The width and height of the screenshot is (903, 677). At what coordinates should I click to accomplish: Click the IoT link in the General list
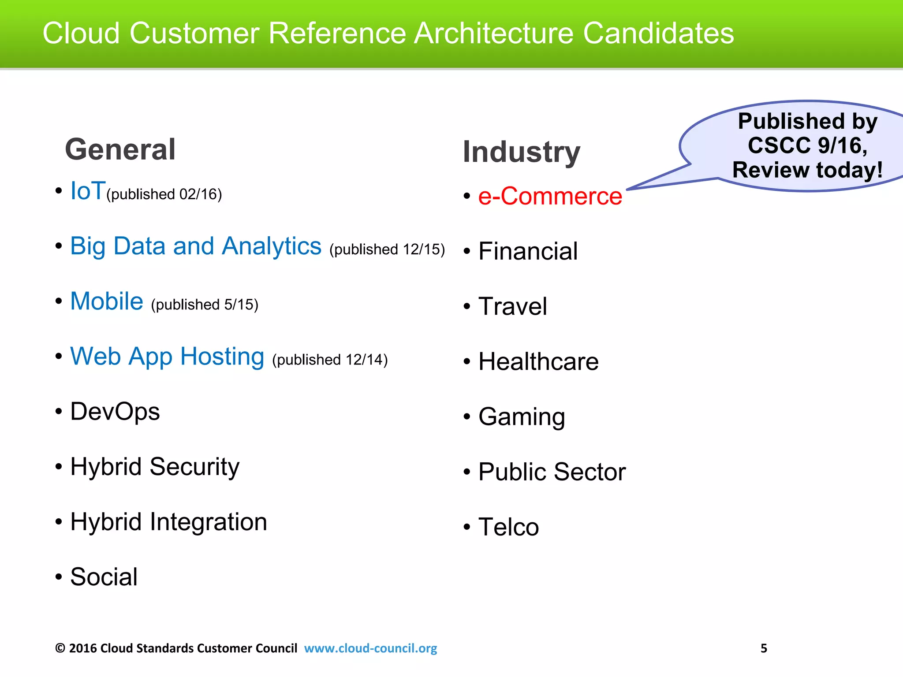[x=88, y=191]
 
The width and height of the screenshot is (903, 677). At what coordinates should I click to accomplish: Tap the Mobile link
[x=107, y=301]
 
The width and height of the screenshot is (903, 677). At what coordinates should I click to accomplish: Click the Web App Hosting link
[x=167, y=357]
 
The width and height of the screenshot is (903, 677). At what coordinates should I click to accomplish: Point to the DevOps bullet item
[x=115, y=412]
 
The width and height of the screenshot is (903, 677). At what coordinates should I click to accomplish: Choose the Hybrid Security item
[x=155, y=467]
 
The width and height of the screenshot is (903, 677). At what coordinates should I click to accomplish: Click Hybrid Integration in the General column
[x=168, y=522]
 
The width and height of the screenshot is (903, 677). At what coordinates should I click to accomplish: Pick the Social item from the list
[x=104, y=577]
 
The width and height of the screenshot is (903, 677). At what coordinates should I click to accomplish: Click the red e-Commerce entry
[x=550, y=196]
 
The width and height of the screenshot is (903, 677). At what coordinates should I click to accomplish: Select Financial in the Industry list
[x=528, y=251]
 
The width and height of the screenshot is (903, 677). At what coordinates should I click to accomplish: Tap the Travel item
[x=512, y=306]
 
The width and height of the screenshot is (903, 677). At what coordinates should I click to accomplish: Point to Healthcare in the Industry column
[x=538, y=362]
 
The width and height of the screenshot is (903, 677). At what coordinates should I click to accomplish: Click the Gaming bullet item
[x=522, y=417]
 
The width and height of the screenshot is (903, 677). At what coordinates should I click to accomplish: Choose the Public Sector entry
[x=552, y=472]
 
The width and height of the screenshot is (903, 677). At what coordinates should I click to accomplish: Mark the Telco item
[x=508, y=527]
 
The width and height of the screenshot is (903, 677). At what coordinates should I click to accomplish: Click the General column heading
[x=120, y=149]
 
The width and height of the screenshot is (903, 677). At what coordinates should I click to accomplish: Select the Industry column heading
[x=521, y=152]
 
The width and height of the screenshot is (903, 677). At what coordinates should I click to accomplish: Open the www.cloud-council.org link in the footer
[x=370, y=648]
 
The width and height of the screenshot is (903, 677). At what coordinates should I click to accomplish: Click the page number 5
[x=764, y=648]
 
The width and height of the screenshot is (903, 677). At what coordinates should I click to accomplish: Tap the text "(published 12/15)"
[x=387, y=249]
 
